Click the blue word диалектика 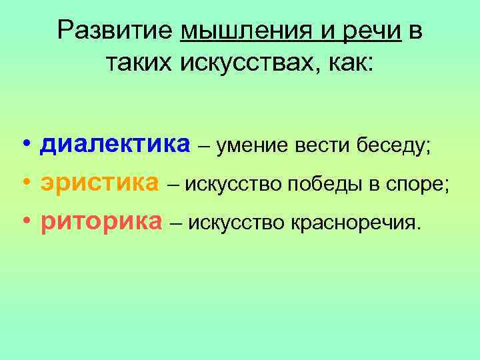coord(115,145)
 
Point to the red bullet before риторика coord(25,221)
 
